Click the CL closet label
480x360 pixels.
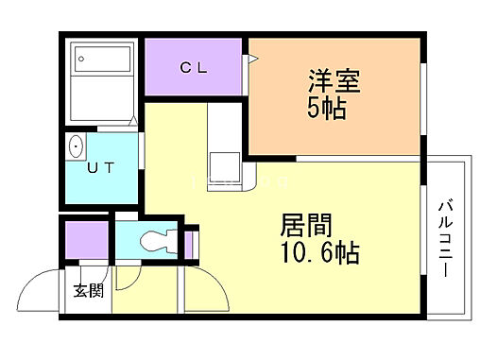(x=195, y=67)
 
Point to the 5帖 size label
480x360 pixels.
(x=328, y=108)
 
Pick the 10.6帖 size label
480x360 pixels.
(x=319, y=253)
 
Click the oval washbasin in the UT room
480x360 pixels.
(x=76, y=146)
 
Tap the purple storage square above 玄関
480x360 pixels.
(x=87, y=238)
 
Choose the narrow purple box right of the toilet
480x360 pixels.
(x=189, y=243)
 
